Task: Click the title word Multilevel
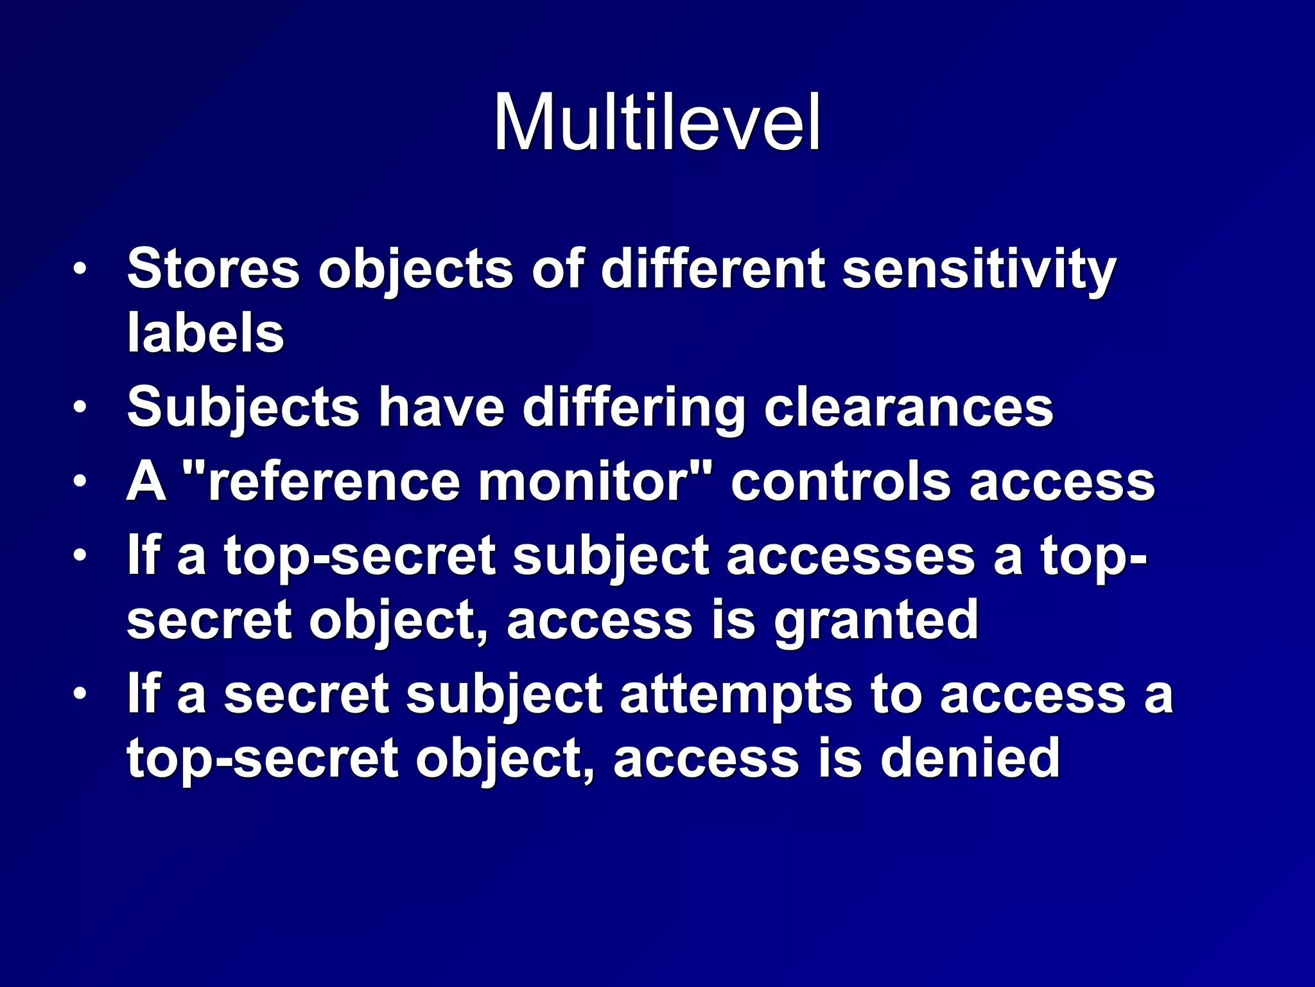click(x=657, y=122)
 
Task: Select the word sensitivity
click(x=979, y=269)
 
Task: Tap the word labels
click(x=205, y=333)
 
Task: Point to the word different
click(x=713, y=269)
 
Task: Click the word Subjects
click(x=243, y=408)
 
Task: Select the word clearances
click(x=909, y=408)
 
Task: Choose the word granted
click(x=876, y=621)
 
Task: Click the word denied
click(x=970, y=759)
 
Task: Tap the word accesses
click(x=851, y=556)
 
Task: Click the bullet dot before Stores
click(x=79, y=269)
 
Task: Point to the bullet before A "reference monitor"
click(x=79, y=481)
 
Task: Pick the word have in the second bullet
click(x=441, y=408)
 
